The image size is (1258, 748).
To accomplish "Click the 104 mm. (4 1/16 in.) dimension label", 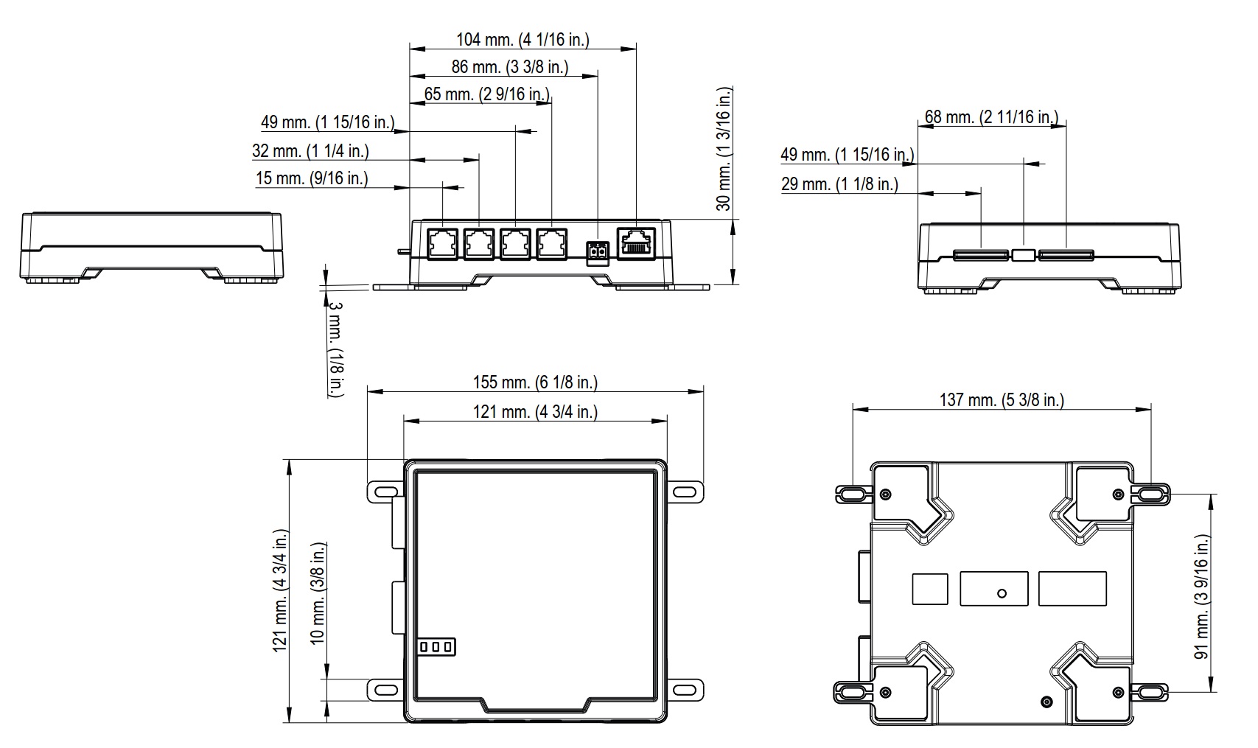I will click(x=523, y=40).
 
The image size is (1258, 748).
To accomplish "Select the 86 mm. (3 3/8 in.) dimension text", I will click(x=510, y=67).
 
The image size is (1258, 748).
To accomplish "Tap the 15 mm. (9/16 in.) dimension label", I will click(x=312, y=178).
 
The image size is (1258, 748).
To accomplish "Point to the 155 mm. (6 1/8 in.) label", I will click(x=535, y=382).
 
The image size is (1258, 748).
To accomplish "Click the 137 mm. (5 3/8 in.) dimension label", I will click(x=1002, y=400).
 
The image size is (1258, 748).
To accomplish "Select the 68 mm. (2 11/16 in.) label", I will click(x=991, y=117).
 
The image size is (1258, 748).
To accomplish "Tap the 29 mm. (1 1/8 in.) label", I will click(x=839, y=184).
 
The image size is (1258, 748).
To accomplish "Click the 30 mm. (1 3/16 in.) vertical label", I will click(x=725, y=149).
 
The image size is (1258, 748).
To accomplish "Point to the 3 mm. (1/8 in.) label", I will click(x=335, y=349).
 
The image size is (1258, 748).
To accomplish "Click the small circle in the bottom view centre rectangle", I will click(x=1001, y=593).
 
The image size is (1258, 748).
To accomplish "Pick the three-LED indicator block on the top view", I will click(x=436, y=647).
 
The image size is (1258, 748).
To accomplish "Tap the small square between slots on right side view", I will click(x=1022, y=255).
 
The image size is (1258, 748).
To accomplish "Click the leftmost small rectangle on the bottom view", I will click(x=929, y=589).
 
